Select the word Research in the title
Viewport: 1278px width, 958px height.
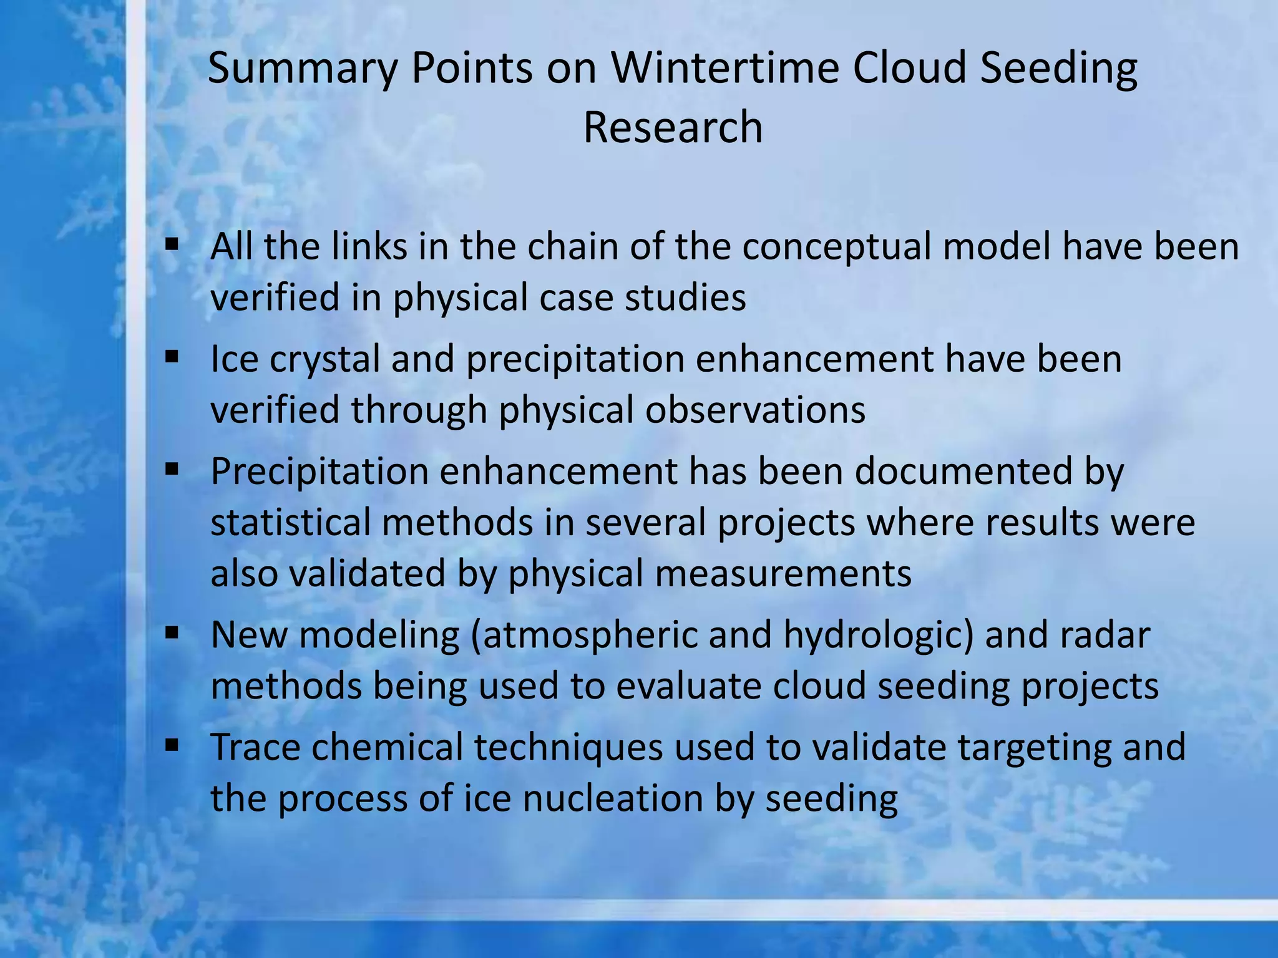673,127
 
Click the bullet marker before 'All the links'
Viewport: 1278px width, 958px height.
172,244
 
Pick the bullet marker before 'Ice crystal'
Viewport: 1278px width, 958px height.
172,357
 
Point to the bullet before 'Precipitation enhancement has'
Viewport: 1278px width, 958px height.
172,469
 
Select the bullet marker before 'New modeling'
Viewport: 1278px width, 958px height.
172,633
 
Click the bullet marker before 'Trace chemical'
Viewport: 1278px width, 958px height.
172,745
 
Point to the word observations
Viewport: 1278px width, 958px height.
755,410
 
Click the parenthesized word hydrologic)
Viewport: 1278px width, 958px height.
879,636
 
